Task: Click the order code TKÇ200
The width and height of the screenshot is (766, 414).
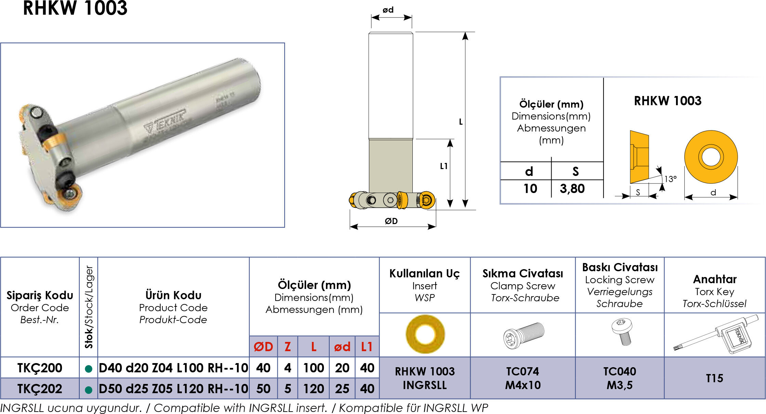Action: [x=40, y=368]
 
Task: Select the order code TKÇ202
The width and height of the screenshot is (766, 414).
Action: [x=40, y=389]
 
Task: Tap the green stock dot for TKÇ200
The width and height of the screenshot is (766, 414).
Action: [x=89, y=369]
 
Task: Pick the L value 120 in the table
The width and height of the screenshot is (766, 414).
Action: [x=314, y=389]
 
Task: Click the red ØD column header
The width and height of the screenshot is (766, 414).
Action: [x=263, y=347]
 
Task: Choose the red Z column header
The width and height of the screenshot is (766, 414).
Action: [x=288, y=347]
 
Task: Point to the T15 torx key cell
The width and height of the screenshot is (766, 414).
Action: [x=714, y=378]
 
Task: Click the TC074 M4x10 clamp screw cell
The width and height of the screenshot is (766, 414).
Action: [x=523, y=378]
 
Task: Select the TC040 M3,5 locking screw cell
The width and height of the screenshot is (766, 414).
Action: [x=620, y=378]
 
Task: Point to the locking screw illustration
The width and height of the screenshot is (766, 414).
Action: [x=622, y=332]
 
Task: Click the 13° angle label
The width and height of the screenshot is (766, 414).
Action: [x=670, y=179]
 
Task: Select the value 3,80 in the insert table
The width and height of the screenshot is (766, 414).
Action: [x=572, y=189]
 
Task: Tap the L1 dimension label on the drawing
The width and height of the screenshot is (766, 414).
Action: [x=444, y=166]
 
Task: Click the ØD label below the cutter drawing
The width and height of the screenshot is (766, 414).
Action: [x=391, y=221]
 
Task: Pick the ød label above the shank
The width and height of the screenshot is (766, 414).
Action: [x=388, y=10]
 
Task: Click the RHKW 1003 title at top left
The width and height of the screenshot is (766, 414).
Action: [x=75, y=8]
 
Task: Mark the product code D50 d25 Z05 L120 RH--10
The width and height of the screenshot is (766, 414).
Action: [x=173, y=389]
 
